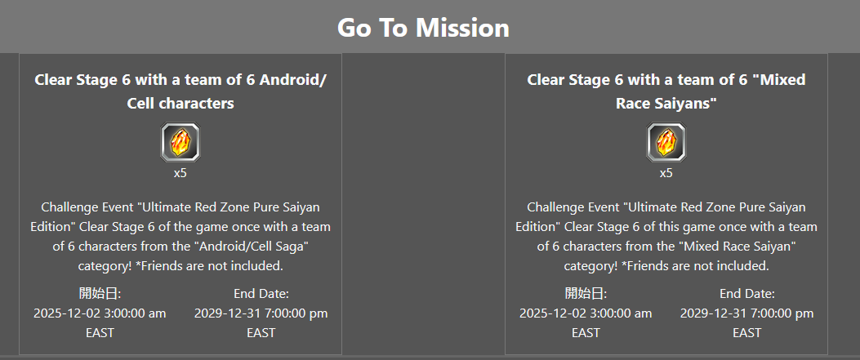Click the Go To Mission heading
[x=423, y=28]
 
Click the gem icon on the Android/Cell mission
[x=180, y=142]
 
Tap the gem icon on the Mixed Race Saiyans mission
[x=666, y=142]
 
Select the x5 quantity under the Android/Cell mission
[x=180, y=173]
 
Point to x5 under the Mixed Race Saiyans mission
[x=666, y=173]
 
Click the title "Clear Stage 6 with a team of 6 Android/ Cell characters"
[x=180, y=91]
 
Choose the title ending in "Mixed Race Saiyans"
[x=666, y=91]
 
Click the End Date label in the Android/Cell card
[x=261, y=294]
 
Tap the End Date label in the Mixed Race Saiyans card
[x=747, y=294]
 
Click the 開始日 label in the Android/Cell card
[x=100, y=294]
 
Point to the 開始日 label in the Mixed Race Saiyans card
[x=586, y=294]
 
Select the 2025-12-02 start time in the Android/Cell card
[x=100, y=313]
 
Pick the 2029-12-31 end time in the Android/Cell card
[x=261, y=313]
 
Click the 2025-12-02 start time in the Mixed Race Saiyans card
[x=586, y=313]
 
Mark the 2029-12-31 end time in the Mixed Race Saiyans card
[x=747, y=313]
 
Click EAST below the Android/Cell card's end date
[x=261, y=332]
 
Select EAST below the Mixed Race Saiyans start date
[x=586, y=332]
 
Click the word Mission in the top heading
[x=462, y=28]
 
